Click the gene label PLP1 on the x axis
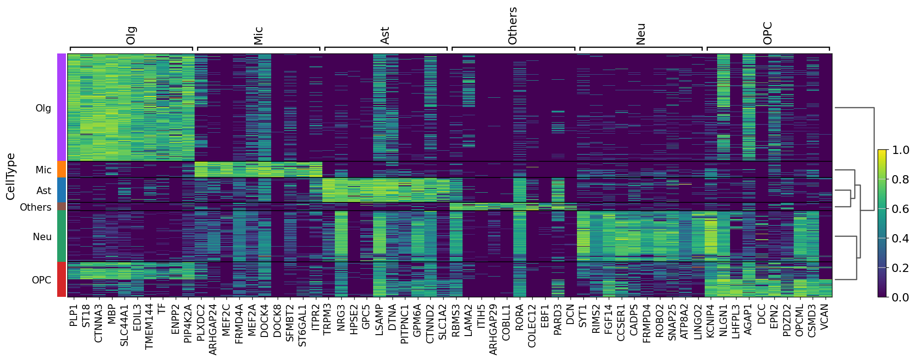[73, 315]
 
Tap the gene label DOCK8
[277, 319]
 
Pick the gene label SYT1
[583, 315]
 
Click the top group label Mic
[258, 35]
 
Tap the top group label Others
[512, 26]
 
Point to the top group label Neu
[640, 34]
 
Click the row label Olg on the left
[43, 108]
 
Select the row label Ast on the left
[44, 191]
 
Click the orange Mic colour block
[62, 170]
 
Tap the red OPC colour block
[62, 279]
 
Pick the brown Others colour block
[62, 207]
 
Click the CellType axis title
[11, 177]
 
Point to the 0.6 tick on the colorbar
[900, 209]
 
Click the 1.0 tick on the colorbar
[900, 150]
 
